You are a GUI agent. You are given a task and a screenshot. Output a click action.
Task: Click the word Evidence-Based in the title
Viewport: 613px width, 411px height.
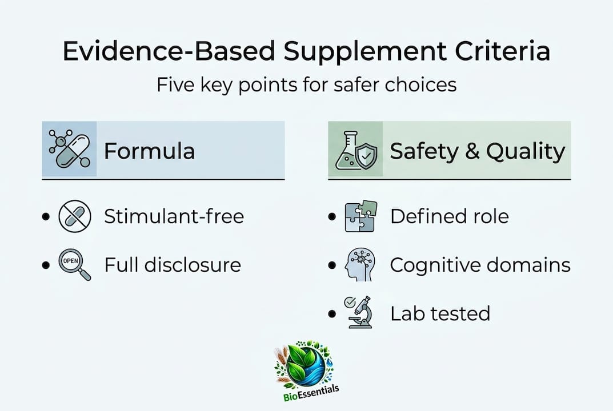pos(171,52)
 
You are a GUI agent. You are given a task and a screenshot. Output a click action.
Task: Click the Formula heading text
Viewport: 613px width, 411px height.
pos(149,151)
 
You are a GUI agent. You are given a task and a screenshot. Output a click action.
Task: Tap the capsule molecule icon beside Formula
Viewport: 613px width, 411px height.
pos(69,149)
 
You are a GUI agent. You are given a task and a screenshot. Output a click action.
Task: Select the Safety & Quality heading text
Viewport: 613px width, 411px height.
pos(477,151)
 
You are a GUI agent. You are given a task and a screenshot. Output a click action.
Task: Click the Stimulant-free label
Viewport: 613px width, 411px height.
pos(174,216)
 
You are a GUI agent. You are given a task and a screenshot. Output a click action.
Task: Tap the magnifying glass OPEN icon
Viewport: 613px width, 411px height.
pos(74,265)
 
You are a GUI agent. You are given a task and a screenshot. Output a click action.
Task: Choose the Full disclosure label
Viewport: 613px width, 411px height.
pos(172,265)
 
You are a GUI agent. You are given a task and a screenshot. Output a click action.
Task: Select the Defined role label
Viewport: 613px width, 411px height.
pos(449,216)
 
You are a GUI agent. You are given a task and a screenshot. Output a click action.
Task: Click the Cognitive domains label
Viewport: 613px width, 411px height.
pos(480,265)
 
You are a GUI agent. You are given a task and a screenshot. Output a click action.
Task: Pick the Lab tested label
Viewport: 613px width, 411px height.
pos(440,313)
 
